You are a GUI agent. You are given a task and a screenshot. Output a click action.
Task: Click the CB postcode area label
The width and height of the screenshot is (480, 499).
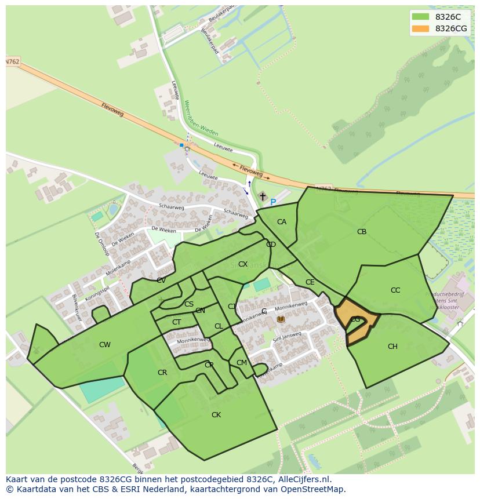coord(362,232)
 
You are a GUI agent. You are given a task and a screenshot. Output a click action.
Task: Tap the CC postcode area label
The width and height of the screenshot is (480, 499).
coord(395,290)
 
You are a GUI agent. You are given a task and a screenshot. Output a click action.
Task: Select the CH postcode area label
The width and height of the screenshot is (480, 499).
coord(392,347)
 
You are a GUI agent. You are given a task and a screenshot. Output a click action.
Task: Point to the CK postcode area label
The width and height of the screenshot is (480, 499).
coord(216,415)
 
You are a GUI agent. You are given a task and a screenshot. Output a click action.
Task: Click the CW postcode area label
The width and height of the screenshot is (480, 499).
coord(104,345)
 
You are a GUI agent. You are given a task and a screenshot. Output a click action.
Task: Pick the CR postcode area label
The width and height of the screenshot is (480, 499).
coord(162,373)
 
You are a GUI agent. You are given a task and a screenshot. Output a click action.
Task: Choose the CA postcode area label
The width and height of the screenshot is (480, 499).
coord(282,222)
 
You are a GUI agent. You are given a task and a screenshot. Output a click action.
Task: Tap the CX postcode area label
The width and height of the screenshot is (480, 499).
coord(243,264)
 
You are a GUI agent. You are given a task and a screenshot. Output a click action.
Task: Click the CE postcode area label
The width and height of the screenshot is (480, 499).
coord(310,282)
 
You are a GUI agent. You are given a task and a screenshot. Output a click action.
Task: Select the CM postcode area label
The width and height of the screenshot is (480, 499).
coord(242,363)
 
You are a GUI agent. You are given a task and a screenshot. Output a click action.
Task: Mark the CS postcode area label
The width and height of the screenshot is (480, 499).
coord(189,304)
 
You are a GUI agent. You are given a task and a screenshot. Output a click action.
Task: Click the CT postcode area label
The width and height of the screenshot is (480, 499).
coord(177,322)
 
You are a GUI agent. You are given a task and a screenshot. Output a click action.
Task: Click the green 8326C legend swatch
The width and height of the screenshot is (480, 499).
coord(420,17)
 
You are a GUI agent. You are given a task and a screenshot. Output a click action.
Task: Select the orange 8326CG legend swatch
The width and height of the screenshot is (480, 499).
coord(420,28)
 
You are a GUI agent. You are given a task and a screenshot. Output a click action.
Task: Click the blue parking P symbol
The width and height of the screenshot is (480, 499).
coord(273,202)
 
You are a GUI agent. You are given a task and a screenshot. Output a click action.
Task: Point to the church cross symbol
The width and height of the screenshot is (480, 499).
coord(263,197)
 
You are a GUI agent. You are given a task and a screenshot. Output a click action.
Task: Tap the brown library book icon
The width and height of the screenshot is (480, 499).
coord(281,319)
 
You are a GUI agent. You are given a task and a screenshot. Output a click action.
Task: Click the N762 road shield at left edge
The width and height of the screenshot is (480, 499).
coord(12,61)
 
